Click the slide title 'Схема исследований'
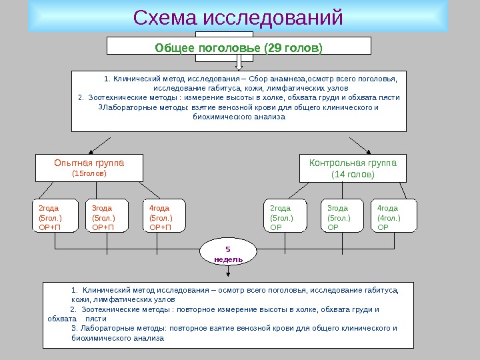239,19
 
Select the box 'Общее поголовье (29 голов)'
239,48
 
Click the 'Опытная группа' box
89,168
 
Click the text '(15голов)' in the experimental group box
89,174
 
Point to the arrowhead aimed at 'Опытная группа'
91,151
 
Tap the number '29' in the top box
273,48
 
